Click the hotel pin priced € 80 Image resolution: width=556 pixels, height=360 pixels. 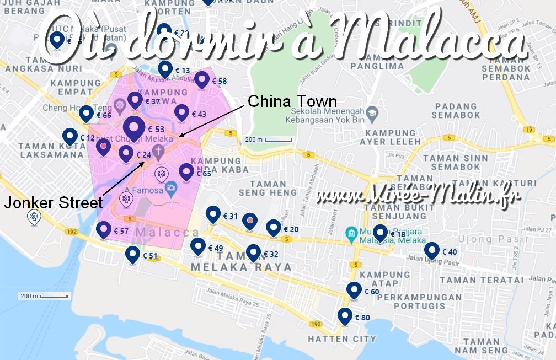coord(345,316)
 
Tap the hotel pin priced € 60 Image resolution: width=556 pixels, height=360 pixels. coord(354,290)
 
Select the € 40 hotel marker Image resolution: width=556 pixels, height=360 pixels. coord(432,251)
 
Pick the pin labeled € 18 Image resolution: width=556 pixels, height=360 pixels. coord(380,233)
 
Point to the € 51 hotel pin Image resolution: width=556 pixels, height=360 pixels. coord(133,255)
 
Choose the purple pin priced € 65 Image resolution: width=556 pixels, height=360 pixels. coord(186,172)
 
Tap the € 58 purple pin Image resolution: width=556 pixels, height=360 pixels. coord(202,80)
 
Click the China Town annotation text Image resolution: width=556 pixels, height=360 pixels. coord(292,101)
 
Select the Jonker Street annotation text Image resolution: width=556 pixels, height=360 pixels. coord(53,203)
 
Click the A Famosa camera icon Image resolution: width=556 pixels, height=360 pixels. coord(171,187)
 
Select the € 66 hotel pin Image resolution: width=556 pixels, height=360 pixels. coord(87,114)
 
